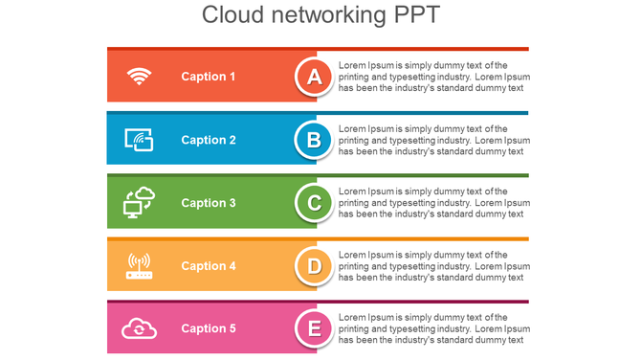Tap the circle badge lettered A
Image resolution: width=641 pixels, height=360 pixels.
[x=314, y=77]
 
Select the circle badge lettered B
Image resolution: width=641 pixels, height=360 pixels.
[x=314, y=140]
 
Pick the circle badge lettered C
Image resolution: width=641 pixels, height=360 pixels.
[x=314, y=203]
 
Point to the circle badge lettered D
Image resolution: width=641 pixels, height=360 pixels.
[x=314, y=266]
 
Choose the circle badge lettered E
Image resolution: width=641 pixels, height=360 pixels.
[x=314, y=329]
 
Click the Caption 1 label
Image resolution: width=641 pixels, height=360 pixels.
[x=208, y=77]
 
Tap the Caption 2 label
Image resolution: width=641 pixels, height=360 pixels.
[x=208, y=140]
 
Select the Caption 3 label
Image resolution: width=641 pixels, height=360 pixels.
[x=208, y=203]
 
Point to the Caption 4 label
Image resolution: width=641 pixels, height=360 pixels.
[x=208, y=266]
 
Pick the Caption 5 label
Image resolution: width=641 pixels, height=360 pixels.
[x=208, y=329]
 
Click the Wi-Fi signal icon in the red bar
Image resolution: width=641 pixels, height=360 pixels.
[x=140, y=77]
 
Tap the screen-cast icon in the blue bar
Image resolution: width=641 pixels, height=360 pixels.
[x=140, y=140]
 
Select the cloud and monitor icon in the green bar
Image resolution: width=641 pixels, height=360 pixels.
[x=140, y=202]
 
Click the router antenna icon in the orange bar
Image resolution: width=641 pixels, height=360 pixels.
[x=140, y=266]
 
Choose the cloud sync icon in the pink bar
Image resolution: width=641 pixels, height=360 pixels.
[x=140, y=329]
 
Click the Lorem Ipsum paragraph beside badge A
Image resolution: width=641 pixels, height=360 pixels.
[x=432, y=77]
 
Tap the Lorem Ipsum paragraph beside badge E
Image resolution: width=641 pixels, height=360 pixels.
[x=432, y=328]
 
